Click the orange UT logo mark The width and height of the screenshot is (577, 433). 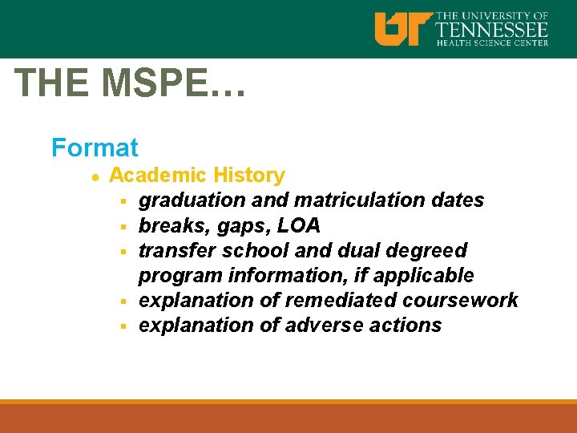coord(403,28)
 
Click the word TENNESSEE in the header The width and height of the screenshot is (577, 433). coord(492,30)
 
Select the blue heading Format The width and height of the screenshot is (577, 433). coord(95,148)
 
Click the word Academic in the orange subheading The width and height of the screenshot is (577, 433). coord(155,175)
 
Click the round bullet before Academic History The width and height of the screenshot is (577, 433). coord(95,176)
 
